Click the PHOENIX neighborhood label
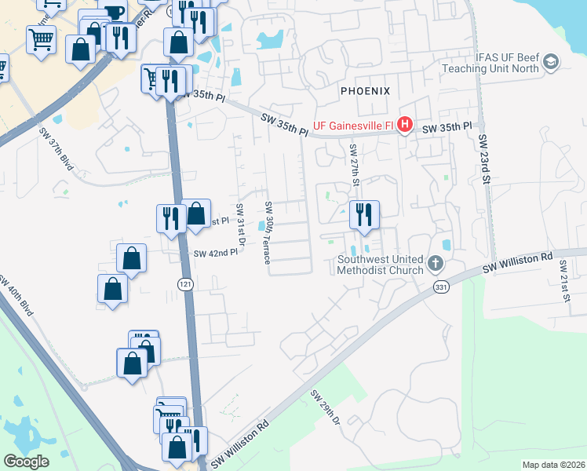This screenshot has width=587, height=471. pos(365,91)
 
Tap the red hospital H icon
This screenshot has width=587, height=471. pos(405,125)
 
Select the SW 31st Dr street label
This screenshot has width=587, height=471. pos(240,223)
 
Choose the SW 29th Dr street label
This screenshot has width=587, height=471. pos(326,408)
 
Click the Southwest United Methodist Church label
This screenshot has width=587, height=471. pos(381,265)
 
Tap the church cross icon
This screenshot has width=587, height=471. pos(437,265)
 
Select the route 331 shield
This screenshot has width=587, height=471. pos(440,289)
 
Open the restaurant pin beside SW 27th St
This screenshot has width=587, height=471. pos(364,215)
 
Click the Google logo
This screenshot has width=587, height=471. pos(26,462)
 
